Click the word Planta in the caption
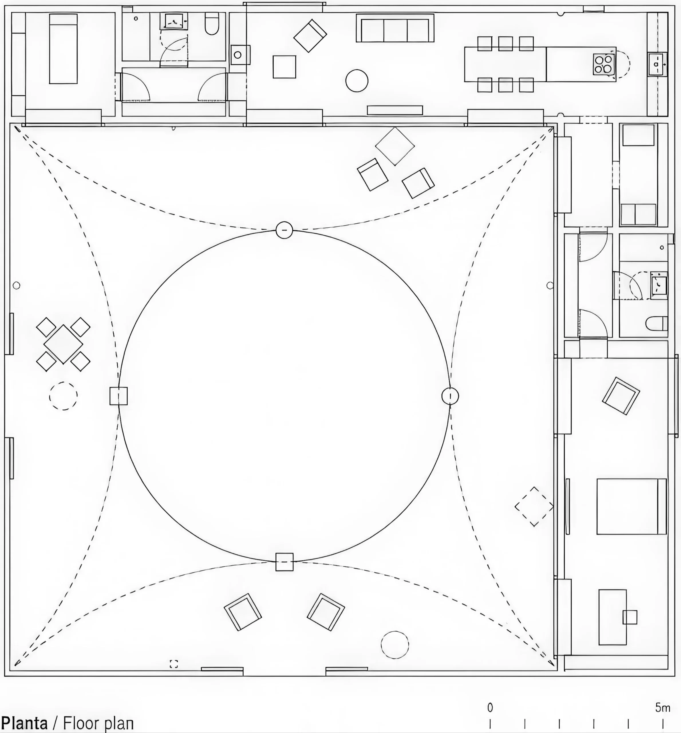(24, 723)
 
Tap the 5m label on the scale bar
(662, 708)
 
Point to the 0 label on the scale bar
(490, 708)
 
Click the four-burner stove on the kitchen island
(604, 64)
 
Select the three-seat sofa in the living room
(395, 28)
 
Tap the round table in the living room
(357, 81)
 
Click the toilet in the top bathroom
(212, 23)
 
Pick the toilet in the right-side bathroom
(657, 324)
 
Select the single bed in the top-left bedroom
(63, 49)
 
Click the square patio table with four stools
(63, 344)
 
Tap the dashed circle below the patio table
(63, 396)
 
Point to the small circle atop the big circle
(284, 230)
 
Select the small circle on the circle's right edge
(450, 396)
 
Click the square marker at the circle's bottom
(285, 562)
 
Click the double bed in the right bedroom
(631, 506)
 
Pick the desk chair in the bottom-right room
(630, 617)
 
